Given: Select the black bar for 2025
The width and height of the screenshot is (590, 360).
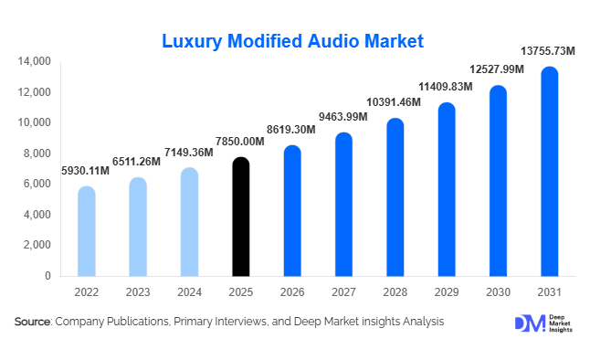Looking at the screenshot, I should point(240,217).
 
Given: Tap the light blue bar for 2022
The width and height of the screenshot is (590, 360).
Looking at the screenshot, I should point(86,232).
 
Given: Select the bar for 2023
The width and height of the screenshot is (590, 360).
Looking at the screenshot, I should point(137,228).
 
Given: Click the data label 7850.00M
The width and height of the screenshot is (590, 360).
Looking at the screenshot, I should point(240,142).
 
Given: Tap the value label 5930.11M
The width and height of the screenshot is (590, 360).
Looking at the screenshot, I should point(86,171).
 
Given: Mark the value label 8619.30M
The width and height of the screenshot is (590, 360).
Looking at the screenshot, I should point(291,130).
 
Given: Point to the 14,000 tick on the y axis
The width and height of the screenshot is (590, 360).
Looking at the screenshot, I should point(34,62).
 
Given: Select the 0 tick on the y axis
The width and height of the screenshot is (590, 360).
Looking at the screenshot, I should point(47,275).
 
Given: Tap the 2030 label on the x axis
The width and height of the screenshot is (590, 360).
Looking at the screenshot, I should point(498,291).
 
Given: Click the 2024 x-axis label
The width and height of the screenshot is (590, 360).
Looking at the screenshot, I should point(188,291).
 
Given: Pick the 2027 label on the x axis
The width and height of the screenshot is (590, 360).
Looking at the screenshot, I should point(342,291).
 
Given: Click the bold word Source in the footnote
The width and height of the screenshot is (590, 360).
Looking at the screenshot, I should point(33,322).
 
